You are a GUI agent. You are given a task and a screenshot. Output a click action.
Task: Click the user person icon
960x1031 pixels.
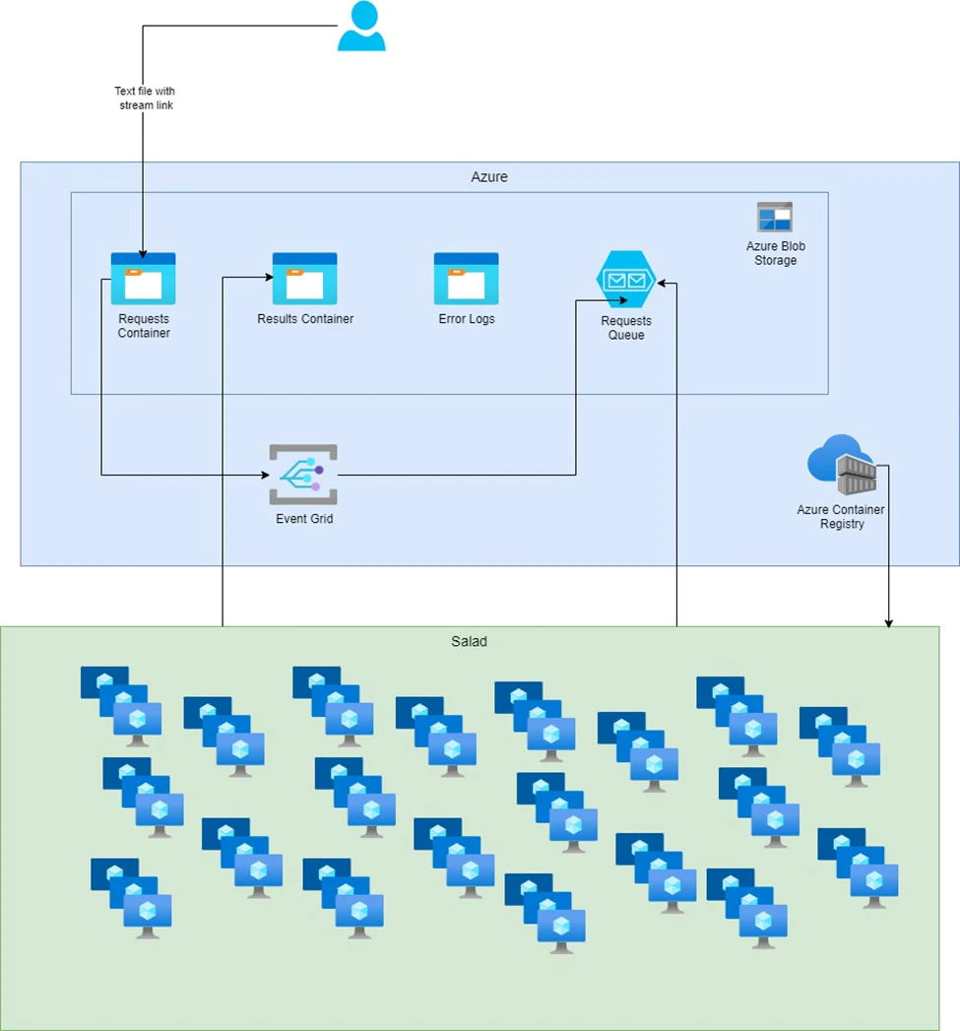[361, 27]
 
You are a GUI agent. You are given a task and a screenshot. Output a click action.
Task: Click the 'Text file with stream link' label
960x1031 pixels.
[145, 98]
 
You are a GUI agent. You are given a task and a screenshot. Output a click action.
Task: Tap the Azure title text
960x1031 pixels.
[489, 177]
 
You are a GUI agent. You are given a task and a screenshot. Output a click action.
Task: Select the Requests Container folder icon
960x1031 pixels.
[143, 279]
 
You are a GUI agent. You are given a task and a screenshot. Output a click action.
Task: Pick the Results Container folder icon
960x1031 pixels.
[304, 279]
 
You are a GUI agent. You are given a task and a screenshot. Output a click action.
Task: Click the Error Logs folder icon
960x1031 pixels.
[466, 279]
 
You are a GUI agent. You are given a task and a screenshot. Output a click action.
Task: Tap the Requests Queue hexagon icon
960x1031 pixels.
[626, 281]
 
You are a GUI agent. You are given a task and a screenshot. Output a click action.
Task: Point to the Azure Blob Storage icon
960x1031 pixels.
[775, 217]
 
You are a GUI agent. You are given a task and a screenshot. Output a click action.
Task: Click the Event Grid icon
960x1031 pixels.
[303, 475]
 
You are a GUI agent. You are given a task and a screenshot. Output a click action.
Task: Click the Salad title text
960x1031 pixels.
[470, 642]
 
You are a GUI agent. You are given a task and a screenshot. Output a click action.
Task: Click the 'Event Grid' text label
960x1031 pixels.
[304, 519]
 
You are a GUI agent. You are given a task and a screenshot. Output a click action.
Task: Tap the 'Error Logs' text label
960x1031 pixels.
[467, 319]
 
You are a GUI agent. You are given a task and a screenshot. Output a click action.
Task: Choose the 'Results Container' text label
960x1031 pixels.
[305, 319]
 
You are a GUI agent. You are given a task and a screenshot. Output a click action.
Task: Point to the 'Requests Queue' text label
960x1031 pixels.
[626, 328]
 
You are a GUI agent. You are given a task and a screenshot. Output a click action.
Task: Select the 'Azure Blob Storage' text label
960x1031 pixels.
[776, 253]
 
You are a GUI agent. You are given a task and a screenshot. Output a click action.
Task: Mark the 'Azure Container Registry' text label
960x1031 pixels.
[841, 517]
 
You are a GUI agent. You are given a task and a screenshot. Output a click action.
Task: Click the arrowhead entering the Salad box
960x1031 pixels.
[889, 622]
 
